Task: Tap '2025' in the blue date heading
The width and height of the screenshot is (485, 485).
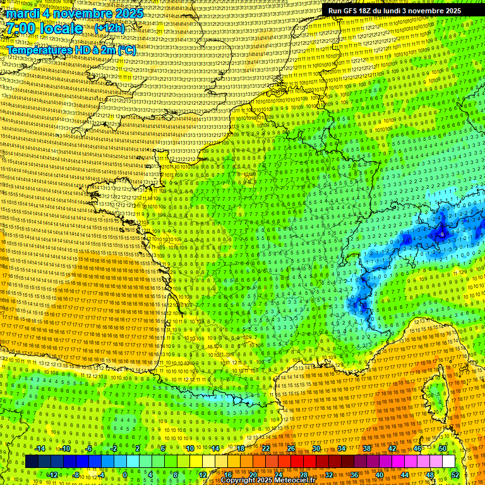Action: (x=126, y=13)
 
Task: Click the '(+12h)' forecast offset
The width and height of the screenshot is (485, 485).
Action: (x=109, y=28)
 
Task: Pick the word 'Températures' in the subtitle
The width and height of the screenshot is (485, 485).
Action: (x=40, y=50)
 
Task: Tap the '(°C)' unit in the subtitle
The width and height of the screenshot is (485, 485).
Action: (x=126, y=50)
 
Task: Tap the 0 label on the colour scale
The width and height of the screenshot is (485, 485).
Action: (x=125, y=474)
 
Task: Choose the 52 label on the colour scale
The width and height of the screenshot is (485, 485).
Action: (x=455, y=474)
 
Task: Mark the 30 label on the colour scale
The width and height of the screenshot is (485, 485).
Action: (x=316, y=448)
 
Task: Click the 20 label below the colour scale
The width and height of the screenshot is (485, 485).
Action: (x=253, y=474)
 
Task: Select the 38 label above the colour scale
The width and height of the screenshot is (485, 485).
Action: (x=367, y=448)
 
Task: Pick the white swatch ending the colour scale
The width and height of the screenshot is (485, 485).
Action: (x=448, y=462)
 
